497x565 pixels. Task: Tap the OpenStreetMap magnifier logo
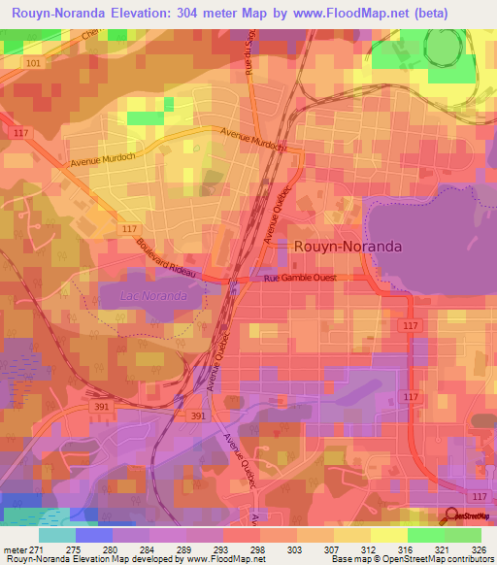(x=452, y=516)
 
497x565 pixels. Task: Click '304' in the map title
(x=221, y=14)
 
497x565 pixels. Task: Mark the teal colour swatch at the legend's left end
(x=56, y=535)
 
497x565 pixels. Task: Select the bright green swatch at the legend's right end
(x=462, y=535)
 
